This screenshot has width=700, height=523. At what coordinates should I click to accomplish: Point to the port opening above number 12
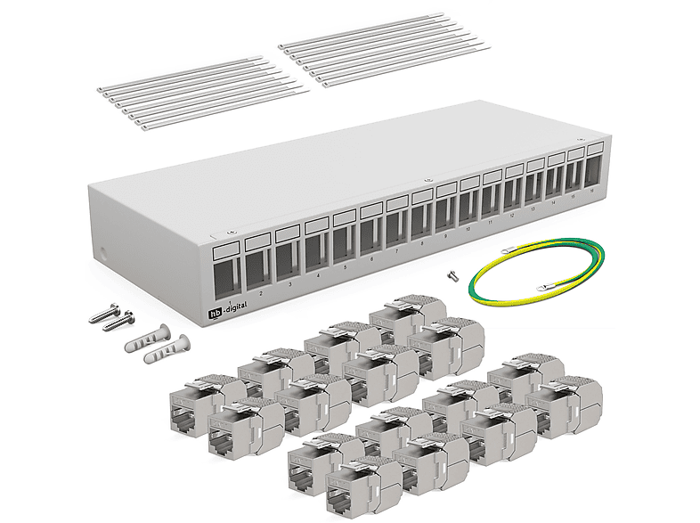click(x=513, y=193)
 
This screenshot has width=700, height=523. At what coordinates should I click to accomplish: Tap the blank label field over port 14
click(x=556, y=158)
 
